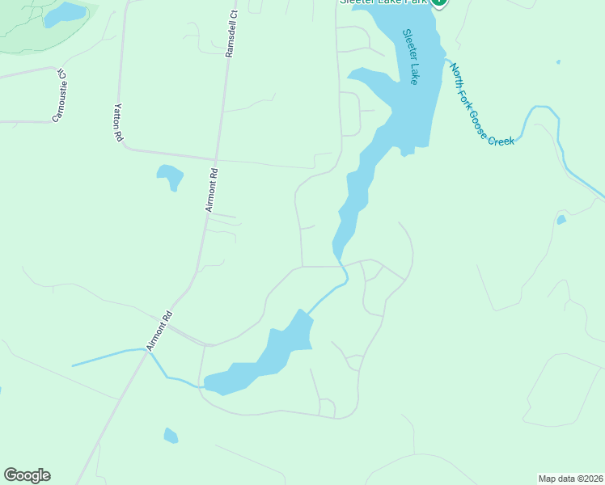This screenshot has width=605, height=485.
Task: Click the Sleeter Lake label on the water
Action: (x=411, y=57)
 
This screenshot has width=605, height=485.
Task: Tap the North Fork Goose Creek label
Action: (x=482, y=105)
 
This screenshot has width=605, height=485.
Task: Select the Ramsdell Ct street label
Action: (x=232, y=34)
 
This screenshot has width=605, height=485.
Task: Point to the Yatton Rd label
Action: (x=118, y=124)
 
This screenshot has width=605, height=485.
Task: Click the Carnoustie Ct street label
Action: (x=58, y=95)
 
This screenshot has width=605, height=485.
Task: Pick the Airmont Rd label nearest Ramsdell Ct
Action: (x=210, y=190)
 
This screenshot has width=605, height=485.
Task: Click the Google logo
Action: (x=27, y=475)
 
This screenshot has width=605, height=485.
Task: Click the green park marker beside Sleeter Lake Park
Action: (x=438, y=2)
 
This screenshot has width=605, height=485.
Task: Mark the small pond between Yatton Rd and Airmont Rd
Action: (x=170, y=175)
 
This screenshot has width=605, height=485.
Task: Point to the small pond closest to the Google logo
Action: (x=171, y=436)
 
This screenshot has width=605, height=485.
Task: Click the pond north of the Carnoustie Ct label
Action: (x=65, y=14)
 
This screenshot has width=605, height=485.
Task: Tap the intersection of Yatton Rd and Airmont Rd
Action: (x=214, y=158)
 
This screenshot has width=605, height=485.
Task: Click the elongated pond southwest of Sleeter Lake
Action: (x=267, y=356)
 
